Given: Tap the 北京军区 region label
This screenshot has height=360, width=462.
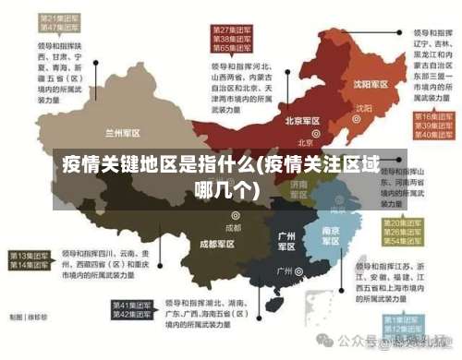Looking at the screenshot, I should coord(301,121).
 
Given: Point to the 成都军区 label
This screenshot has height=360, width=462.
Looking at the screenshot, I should coord(216,244).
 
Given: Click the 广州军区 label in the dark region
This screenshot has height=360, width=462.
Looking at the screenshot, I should coord(286,242).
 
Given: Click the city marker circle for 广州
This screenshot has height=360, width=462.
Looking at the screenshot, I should coord(299,272).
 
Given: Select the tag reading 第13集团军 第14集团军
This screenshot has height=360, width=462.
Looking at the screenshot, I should coord(30,259).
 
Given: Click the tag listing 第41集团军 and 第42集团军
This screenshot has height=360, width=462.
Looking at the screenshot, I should coord(133,310).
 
